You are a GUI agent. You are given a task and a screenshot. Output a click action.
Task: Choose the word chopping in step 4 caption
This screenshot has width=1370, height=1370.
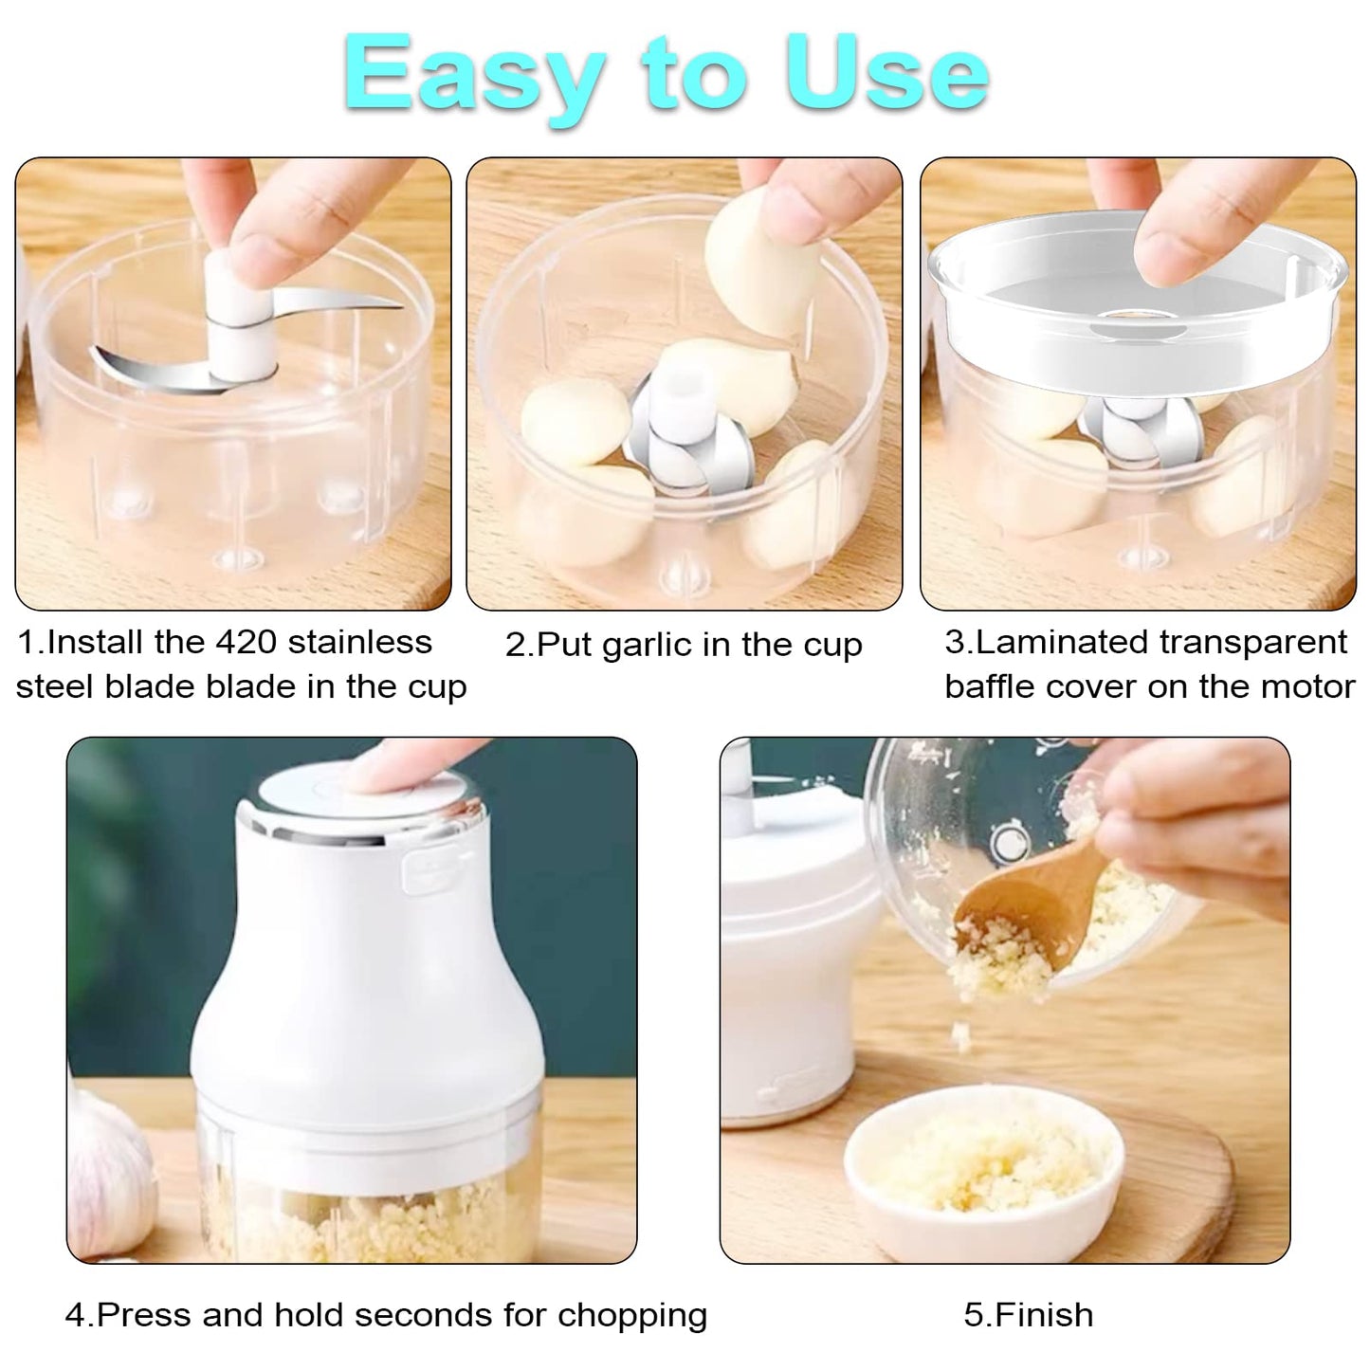point(632,1315)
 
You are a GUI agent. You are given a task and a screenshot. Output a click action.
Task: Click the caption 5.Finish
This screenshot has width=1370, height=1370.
point(1028,1315)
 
